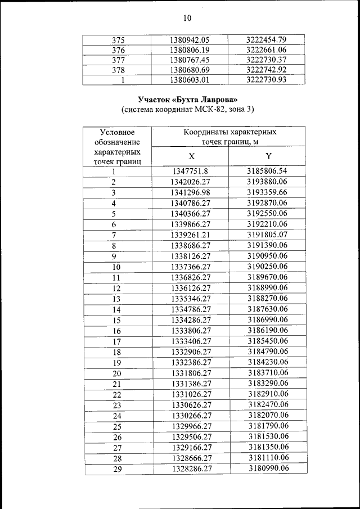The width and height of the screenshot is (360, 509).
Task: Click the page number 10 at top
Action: pos(187,19)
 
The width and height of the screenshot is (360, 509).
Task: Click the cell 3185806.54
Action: pos(267,172)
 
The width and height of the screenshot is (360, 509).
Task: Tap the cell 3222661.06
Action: pos(267,50)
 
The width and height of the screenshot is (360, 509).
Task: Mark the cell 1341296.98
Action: pos(190,192)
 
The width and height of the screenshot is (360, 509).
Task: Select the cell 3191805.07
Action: pos(267,235)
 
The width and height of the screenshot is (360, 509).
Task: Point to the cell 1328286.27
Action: pos(191,468)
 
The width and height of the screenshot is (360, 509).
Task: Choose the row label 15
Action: pos(117,320)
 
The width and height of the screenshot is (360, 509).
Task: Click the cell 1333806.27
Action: pos(191,331)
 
